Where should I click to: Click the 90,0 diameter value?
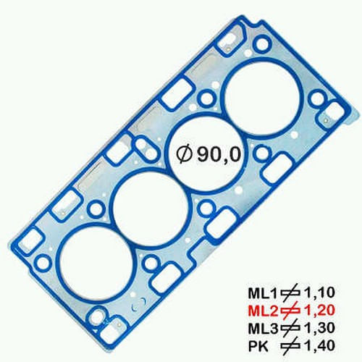coord(219,153)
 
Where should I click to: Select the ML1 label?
coord(264,293)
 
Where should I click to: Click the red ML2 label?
coord(264,311)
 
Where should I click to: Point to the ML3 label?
coord(264,329)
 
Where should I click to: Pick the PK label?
coord(258,346)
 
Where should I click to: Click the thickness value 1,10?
coord(319,293)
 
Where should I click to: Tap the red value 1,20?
coord(319,311)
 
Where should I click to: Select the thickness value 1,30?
coord(319,329)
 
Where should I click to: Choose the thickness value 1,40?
coord(319,346)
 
